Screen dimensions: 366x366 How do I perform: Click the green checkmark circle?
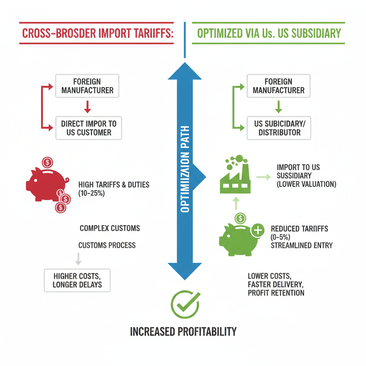(185, 305)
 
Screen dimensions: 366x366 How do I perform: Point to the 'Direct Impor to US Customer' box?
(89, 128)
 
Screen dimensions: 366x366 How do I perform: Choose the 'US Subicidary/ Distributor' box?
(279, 128)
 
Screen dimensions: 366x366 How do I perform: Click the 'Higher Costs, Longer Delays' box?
(77, 280)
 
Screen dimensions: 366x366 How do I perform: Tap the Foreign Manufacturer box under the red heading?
(87, 86)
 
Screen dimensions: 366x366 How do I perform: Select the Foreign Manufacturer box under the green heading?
(278, 86)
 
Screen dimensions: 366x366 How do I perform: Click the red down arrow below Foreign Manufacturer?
(88, 107)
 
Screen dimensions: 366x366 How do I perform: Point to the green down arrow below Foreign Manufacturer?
(278, 107)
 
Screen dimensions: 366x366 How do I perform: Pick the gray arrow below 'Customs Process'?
(78, 259)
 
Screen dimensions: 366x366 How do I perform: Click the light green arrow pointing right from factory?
(263, 177)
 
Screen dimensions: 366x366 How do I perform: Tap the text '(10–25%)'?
(91, 193)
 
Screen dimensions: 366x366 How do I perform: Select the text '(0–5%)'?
(280, 237)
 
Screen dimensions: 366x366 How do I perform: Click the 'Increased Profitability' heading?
(183, 331)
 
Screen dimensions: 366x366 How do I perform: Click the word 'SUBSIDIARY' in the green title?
(316, 33)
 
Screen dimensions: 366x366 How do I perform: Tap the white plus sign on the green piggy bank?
(258, 231)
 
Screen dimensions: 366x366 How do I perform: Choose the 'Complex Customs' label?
(110, 228)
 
